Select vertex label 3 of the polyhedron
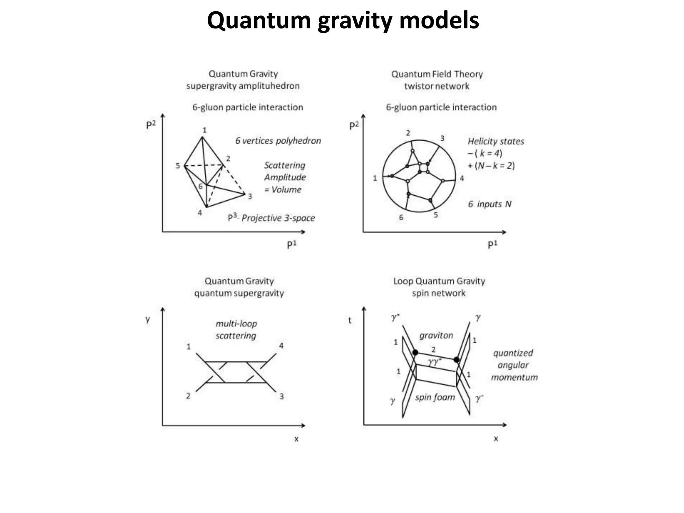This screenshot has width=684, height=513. [250, 196]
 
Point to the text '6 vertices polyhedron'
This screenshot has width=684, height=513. [278, 141]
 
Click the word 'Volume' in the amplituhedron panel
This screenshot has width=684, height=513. [286, 190]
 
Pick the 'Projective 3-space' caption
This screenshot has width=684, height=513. [278, 218]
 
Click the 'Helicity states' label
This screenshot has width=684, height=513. [496, 141]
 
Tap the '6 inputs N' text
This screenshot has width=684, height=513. [490, 204]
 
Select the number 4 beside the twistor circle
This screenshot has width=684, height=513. [462, 178]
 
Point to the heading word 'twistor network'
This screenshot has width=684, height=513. [437, 86]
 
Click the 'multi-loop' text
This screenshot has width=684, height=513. [236, 324]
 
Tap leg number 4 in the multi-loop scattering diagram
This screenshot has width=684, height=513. [281, 346]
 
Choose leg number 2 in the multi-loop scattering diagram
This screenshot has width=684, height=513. [188, 396]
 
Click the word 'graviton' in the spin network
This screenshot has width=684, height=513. [436, 335]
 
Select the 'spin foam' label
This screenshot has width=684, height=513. [435, 397]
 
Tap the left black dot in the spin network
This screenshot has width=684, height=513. [415, 352]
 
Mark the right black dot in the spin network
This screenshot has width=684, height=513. [457, 360]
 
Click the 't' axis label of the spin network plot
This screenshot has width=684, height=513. [350, 320]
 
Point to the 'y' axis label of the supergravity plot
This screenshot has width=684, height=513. [148, 319]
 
